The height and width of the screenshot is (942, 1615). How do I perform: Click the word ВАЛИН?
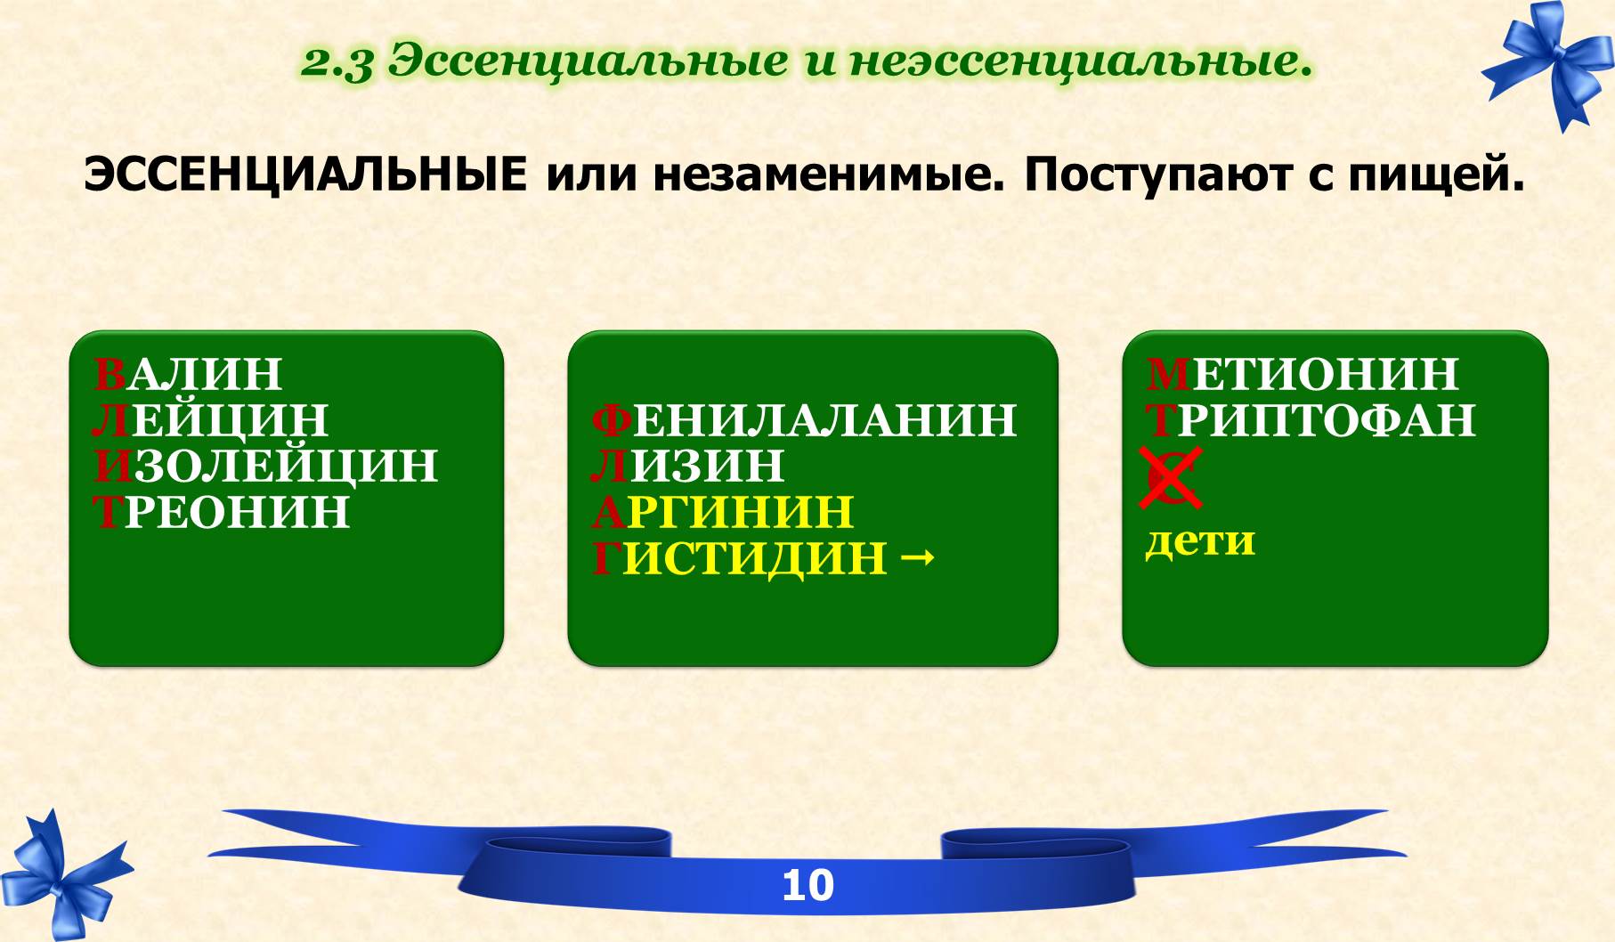pyautogui.click(x=188, y=374)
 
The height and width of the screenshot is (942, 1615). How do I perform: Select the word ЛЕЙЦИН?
pyautogui.click(x=210, y=420)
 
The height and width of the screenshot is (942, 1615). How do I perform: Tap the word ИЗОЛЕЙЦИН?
pyautogui.click(x=265, y=466)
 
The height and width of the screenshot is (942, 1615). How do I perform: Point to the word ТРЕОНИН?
pyautogui.click(x=222, y=512)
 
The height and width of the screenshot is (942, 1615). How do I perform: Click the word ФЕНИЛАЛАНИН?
pyautogui.click(x=804, y=419)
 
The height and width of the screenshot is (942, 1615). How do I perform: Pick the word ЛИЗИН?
pyautogui.click(x=687, y=466)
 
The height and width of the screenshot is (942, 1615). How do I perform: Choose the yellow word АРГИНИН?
pyautogui.click(x=723, y=512)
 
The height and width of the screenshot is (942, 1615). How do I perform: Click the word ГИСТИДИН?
pyautogui.click(x=740, y=558)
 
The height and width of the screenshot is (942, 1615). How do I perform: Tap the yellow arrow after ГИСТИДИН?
pyautogui.click(x=918, y=559)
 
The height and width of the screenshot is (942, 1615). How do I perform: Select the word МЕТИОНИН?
pyautogui.click(x=1303, y=374)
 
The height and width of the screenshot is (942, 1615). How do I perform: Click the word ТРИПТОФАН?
pyautogui.click(x=1311, y=420)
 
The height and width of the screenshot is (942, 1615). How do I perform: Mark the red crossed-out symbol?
pyautogui.click(x=1171, y=478)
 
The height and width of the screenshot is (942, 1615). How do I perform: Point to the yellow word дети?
pyautogui.click(x=1200, y=540)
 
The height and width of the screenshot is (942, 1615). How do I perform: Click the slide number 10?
pyautogui.click(x=807, y=885)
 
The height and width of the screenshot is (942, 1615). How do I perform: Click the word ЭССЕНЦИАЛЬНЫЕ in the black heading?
pyautogui.click(x=305, y=175)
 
